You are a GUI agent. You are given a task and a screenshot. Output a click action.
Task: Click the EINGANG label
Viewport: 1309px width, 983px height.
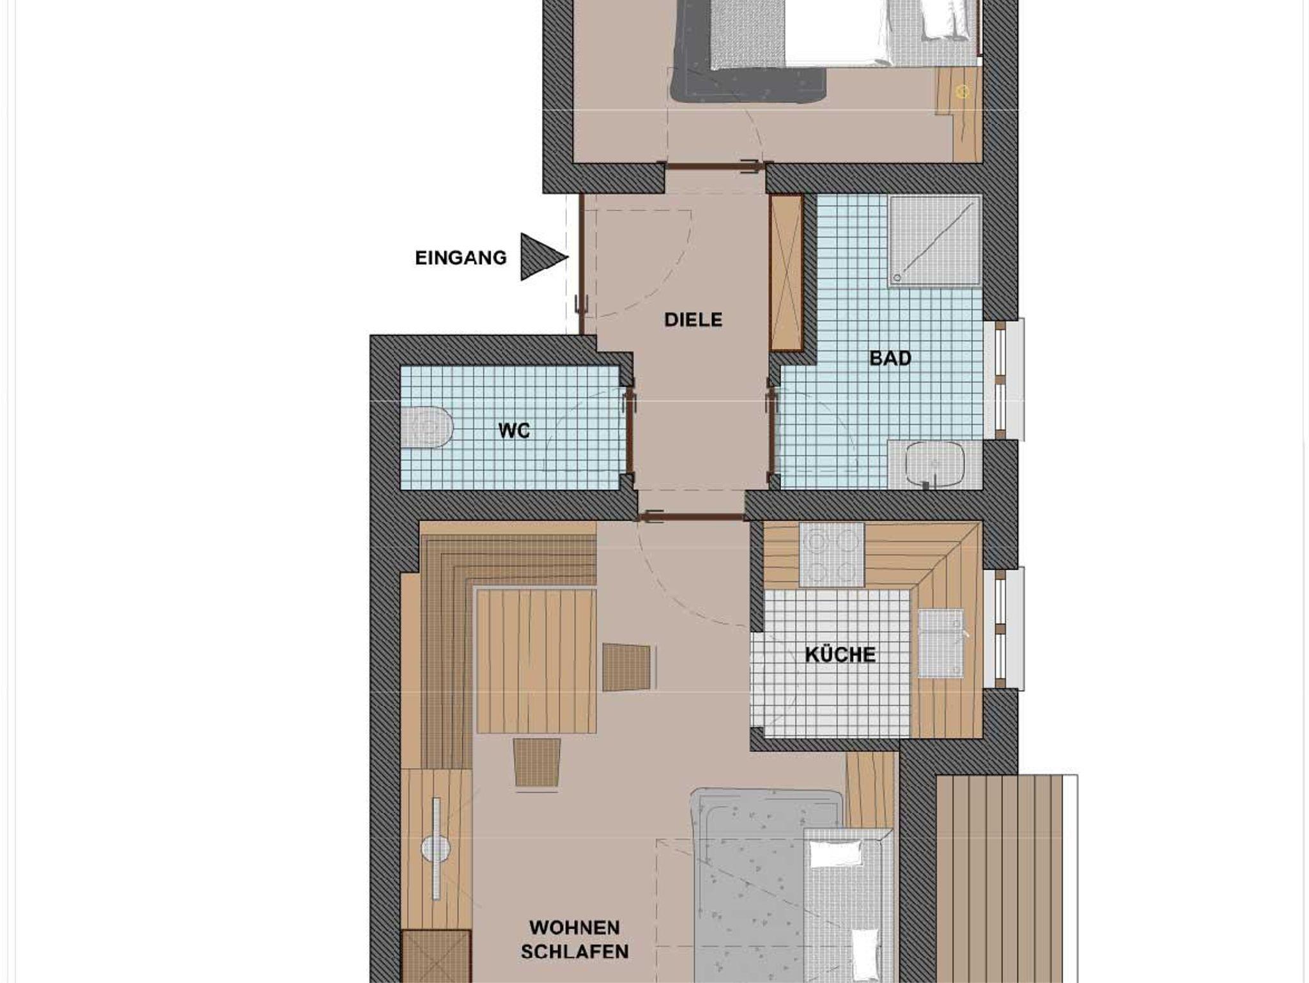(x=461, y=258)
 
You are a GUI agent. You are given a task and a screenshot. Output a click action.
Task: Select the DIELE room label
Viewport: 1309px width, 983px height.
(x=693, y=320)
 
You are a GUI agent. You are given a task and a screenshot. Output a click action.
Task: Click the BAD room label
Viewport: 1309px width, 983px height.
(x=890, y=359)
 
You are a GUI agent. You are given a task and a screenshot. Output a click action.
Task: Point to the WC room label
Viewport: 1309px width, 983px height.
(x=515, y=431)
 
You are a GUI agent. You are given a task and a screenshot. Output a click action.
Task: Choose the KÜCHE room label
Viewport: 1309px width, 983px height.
(x=840, y=654)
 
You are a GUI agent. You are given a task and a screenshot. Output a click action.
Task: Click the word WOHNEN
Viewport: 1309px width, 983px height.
(x=575, y=927)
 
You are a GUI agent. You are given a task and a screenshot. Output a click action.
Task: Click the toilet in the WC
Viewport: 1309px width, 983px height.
(x=428, y=427)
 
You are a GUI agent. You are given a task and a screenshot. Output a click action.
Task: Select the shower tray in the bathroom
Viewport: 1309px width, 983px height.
(x=934, y=240)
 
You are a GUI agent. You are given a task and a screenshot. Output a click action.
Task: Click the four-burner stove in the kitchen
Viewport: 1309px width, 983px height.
(x=832, y=555)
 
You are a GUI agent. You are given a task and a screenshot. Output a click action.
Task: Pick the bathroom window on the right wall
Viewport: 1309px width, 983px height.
(x=1004, y=379)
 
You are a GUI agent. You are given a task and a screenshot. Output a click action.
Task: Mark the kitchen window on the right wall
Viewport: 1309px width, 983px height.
(x=1004, y=628)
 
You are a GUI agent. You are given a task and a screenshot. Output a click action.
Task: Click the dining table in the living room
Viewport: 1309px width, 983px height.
(x=536, y=661)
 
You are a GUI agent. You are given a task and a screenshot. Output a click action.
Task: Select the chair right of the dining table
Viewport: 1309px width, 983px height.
(x=629, y=667)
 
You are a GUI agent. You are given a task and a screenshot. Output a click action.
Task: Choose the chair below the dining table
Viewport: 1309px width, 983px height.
(x=538, y=762)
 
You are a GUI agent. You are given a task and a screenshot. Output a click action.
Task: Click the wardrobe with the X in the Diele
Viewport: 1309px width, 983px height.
(x=786, y=273)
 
